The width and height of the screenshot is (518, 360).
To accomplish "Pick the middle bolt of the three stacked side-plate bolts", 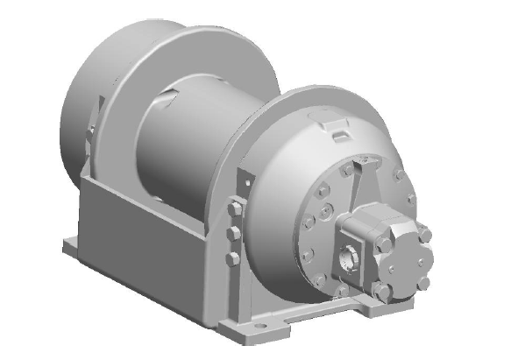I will point(232,234).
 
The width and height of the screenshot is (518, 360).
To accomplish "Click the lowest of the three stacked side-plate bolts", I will point(231,258).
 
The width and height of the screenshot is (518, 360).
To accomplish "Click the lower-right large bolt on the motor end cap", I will point(423,284).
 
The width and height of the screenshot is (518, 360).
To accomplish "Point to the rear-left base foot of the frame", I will point(70,244).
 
